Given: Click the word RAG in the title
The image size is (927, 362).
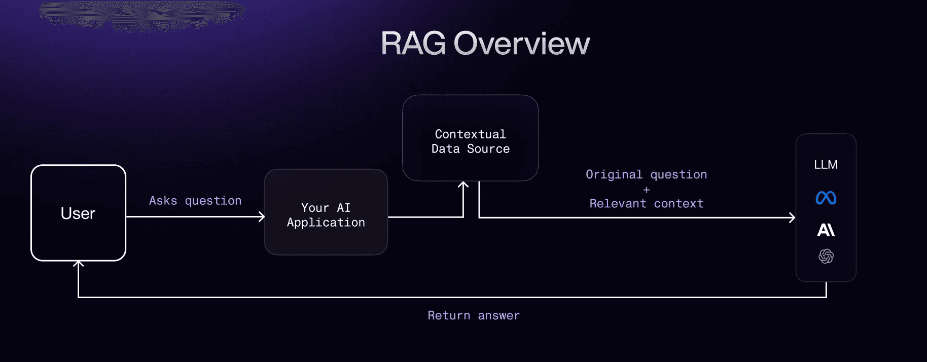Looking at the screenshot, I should (413, 44).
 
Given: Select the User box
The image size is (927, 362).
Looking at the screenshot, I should (78, 213).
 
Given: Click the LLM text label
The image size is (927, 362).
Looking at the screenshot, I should (826, 165).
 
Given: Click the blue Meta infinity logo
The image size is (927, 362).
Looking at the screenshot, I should (826, 198).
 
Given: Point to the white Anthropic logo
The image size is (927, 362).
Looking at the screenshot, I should (826, 230).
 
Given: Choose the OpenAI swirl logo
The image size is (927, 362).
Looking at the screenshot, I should (826, 256).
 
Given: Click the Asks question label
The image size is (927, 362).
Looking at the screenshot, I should (195, 201).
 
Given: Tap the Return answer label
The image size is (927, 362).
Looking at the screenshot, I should (474, 315).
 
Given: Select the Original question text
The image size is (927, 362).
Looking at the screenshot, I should (646, 174).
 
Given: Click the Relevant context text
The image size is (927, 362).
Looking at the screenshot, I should (646, 203).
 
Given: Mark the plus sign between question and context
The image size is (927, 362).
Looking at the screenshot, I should (647, 190).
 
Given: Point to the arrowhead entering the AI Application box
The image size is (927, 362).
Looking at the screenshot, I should (262, 217).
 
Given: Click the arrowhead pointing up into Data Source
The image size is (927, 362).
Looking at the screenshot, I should (463, 185).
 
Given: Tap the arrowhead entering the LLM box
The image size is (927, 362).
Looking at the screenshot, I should (792, 218).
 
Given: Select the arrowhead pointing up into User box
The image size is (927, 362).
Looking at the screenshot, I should (78, 264).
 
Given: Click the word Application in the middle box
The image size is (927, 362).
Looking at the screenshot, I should (326, 223).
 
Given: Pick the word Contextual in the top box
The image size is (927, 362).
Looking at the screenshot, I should (470, 134).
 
